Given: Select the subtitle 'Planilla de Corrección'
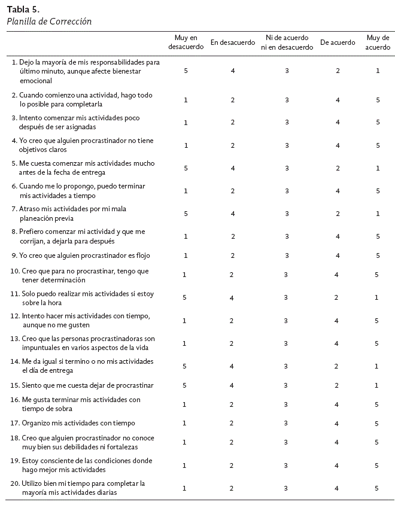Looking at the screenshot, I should point(48,22).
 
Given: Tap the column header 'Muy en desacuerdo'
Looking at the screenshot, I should point(186,42).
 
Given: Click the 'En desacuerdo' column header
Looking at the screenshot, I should point(233,42).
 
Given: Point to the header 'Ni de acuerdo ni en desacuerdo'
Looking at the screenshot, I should point(287,42).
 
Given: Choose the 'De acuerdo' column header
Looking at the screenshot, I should point(338,42).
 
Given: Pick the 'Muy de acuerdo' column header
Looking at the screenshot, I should point(378,42).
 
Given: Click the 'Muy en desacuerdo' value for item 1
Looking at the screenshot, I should point(186,71).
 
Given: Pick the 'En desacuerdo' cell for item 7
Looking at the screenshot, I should point(233,214).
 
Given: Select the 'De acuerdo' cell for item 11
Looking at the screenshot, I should point(338,297).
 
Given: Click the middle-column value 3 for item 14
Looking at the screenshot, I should point(287,366).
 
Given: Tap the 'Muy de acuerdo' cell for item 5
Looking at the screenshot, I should point(378,168).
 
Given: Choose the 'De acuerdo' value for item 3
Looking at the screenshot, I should point(338,123).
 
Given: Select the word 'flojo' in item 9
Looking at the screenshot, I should point(142,255).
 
